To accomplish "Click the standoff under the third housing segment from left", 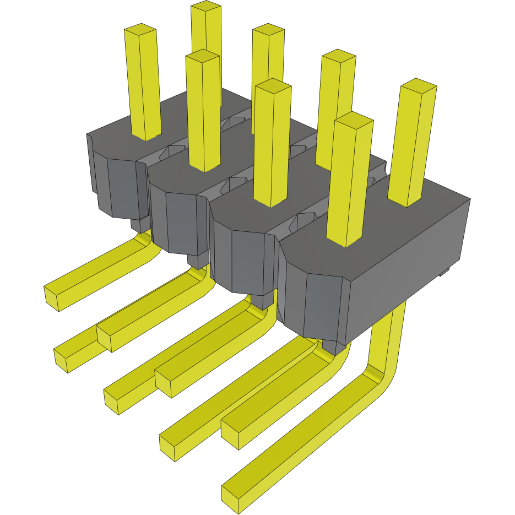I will click(263, 301).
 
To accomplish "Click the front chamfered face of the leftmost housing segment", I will click(121, 187).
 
